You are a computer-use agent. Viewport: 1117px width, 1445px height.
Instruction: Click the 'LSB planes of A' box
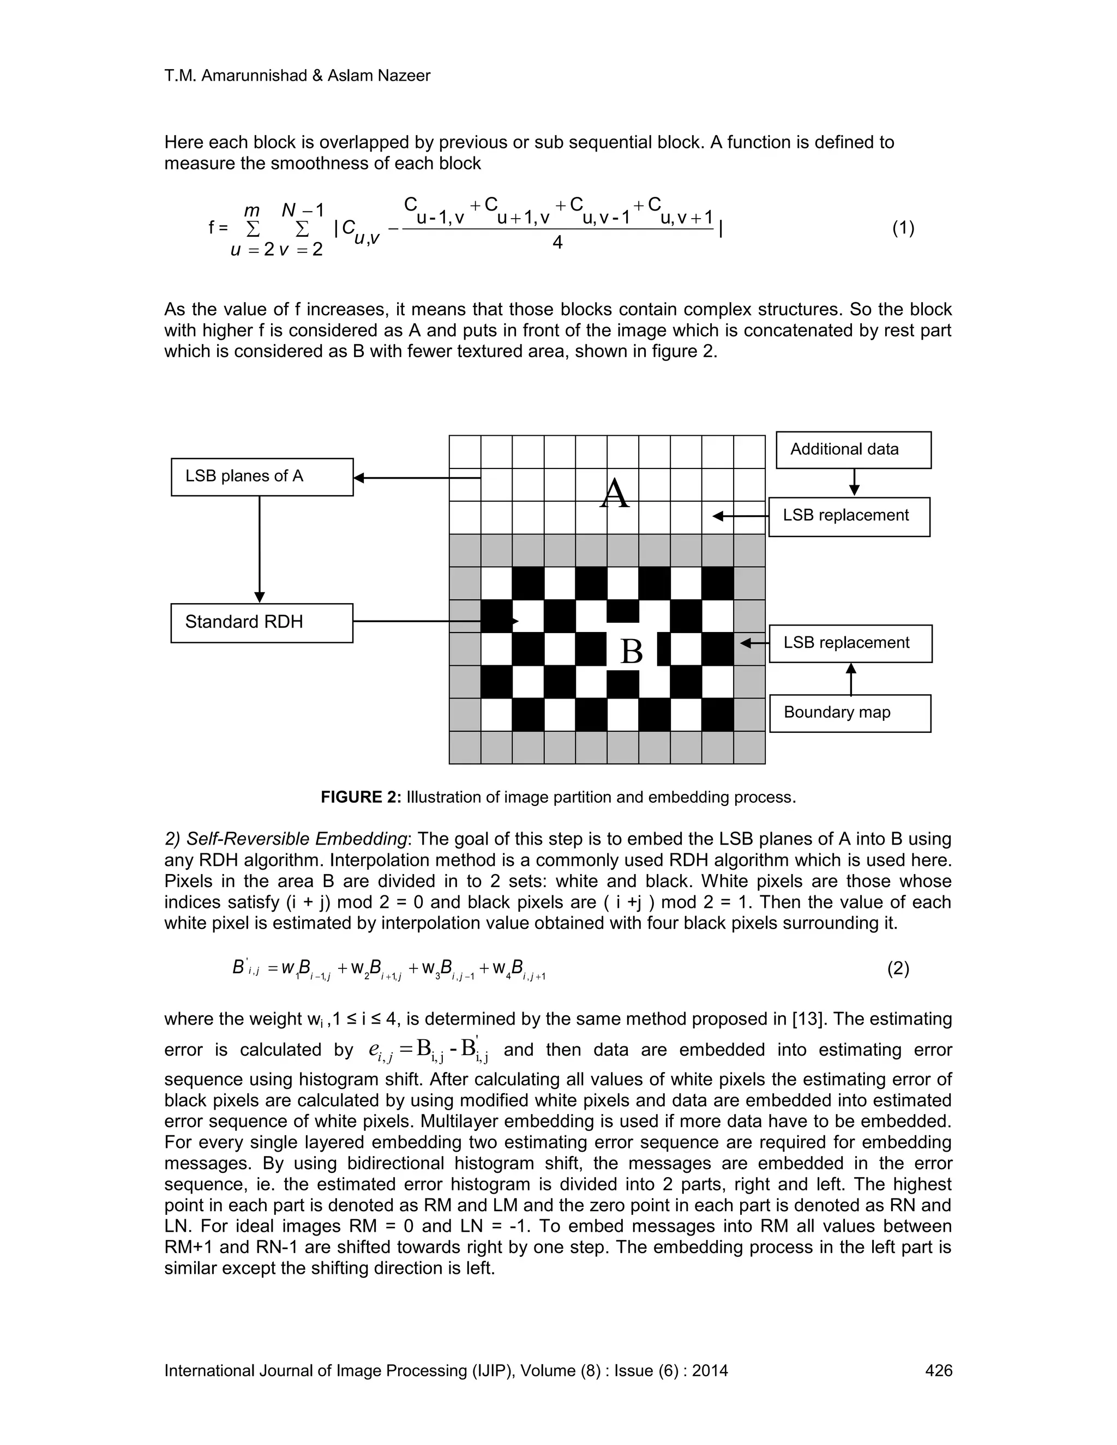(x=262, y=477)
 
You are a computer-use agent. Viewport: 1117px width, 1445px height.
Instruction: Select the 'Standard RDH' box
(x=262, y=623)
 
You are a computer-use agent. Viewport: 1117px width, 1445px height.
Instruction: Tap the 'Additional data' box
(x=854, y=450)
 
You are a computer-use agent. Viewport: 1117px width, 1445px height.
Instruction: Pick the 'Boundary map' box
(x=850, y=713)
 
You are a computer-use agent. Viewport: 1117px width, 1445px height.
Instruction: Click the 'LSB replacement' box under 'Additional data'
(x=849, y=516)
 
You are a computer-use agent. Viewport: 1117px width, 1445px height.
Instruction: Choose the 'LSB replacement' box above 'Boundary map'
(x=850, y=643)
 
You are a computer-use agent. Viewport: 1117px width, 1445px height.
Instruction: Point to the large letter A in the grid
(x=614, y=493)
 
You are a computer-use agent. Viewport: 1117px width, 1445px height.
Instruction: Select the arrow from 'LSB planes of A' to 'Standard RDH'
(x=260, y=549)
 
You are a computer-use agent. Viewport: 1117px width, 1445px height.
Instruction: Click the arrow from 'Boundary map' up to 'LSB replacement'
(x=851, y=679)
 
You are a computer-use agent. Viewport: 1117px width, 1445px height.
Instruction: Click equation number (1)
(x=903, y=228)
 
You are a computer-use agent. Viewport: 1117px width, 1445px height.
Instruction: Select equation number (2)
(x=898, y=970)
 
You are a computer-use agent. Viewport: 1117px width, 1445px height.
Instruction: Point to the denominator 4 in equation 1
(x=557, y=243)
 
